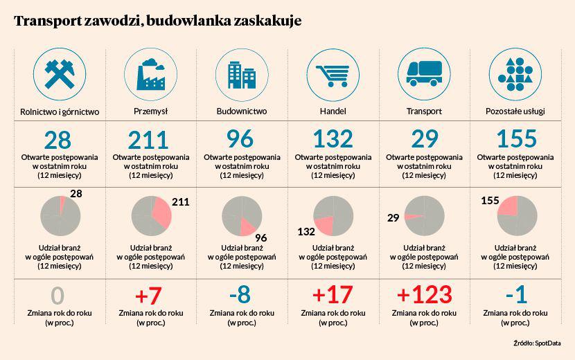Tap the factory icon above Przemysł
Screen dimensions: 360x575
[x=150, y=73]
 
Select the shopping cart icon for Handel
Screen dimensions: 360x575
[x=333, y=73]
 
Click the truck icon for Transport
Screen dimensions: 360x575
[x=423, y=73]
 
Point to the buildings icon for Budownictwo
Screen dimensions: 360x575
[x=240, y=73]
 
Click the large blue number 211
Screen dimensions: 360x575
[x=150, y=139]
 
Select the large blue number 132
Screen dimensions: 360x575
[x=333, y=139]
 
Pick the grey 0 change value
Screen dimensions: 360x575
[x=57, y=296]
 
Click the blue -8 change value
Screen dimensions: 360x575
[x=240, y=295]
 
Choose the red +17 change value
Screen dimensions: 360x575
[x=333, y=294]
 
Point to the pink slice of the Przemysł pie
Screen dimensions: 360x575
[x=161, y=213]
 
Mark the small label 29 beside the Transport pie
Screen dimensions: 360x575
[x=393, y=218]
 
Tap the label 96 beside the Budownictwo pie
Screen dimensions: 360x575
[x=260, y=237]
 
